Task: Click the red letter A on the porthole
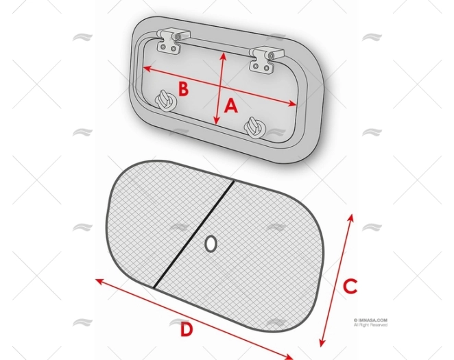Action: pyautogui.click(x=231, y=106)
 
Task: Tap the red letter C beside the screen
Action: pyautogui.click(x=350, y=286)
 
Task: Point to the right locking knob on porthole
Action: pyautogui.click(x=253, y=126)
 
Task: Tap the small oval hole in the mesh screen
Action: pyautogui.click(x=211, y=243)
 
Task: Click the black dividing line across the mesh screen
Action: pyautogui.click(x=194, y=234)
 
